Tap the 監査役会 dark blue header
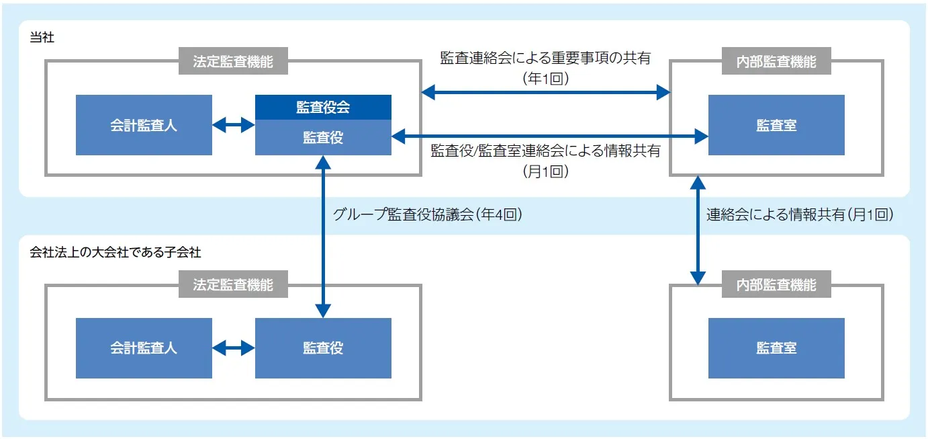pos(323,108)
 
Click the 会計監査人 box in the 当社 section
pos(144,125)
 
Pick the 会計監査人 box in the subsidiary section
pos(144,348)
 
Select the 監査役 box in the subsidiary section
pos(323,348)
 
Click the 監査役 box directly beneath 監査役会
pos(323,137)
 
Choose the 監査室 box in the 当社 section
pos(776,125)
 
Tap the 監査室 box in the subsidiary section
pos(776,348)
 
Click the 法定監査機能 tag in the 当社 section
pos(233,62)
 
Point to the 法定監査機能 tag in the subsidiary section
pos(233,285)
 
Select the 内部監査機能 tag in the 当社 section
pos(776,62)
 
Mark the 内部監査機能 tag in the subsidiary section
pos(776,285)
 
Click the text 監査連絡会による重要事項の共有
pos(545,58)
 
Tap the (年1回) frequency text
pos(545,79)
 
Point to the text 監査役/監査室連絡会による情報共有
pos(545,151)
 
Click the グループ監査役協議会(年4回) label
pos(428,214)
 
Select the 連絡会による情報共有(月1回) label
pos(800,214)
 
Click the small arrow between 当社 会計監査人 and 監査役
pos(233,125)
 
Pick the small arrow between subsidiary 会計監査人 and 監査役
pos(233,348)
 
